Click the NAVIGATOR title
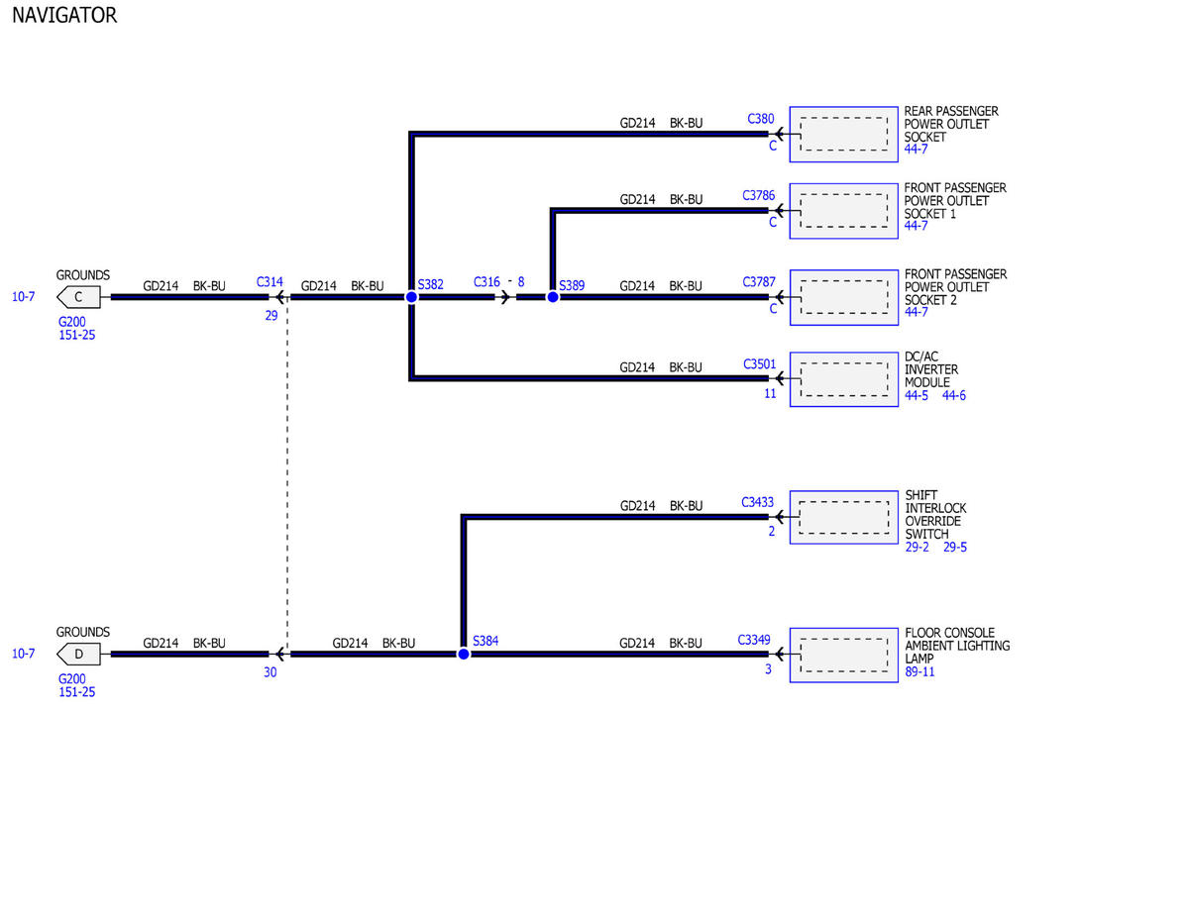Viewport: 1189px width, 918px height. tap(64, 15)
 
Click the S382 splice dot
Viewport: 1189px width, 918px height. tap(411, 297)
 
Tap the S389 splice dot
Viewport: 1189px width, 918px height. tap(553, 297)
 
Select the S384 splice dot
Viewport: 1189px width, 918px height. tap(464, 654)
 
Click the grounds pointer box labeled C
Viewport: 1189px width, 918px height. tap(78, 297)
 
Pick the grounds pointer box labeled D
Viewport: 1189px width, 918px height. tap(78, 654)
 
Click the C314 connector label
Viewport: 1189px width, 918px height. tap(270, 282)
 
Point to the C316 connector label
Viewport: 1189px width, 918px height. tap(486, 282)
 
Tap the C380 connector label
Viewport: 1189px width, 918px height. tap(761, 119)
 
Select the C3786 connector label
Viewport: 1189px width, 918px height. tap(758, 195)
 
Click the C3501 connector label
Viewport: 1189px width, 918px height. tap(759, 364)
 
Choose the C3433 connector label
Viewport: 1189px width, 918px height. tap(757, 502)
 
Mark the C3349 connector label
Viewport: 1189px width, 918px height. tap(753, 640)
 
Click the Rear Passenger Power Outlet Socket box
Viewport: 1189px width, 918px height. tap(844, 134)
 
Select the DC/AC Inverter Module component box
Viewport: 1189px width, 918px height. tap(844, 379)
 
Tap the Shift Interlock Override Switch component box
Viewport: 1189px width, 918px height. tap(844, 517)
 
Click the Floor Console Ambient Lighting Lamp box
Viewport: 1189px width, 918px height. tap(844, 655)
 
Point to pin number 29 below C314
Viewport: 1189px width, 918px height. tap(271, 316)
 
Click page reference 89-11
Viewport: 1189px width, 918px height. tap(919, 672)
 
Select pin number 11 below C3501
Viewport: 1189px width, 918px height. tap(770, 394)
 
